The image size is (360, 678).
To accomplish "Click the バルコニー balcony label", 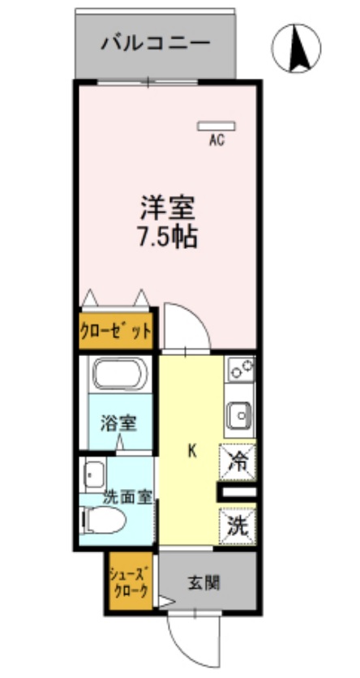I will (155, 43).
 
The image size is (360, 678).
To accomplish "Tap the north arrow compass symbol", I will (296, 49).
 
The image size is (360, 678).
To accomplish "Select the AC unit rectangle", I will (216, 126).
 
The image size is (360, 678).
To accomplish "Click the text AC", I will (216, 140).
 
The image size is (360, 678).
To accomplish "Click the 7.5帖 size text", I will (169, 238).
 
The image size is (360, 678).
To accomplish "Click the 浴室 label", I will (118, 423).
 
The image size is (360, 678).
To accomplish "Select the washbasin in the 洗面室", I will (94, 472).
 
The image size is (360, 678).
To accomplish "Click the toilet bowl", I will (104, 519).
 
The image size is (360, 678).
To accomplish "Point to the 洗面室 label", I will (127, 497).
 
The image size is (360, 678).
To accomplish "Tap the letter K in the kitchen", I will (192, 451).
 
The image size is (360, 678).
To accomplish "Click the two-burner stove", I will (240, 370).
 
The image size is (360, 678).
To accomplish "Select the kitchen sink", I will (240, 416).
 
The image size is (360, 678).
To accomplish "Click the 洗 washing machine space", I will (238, 523).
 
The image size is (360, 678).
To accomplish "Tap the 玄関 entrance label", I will (207, 581).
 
